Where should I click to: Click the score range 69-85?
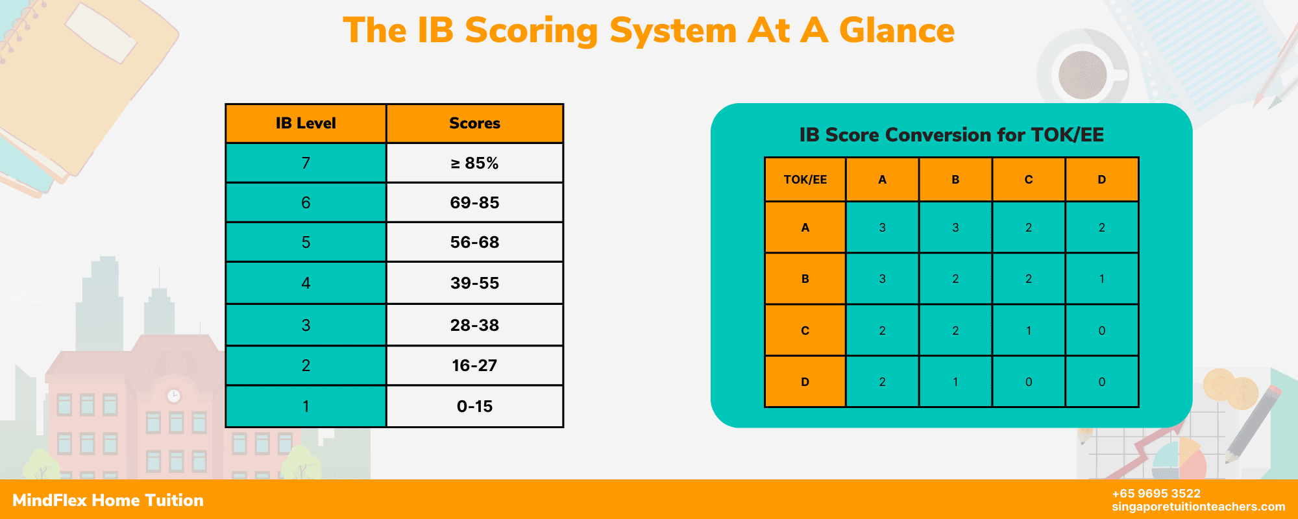474,202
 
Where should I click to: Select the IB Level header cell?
306,123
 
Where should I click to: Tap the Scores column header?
474,123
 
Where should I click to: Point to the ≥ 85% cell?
474,163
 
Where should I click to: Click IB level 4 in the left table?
306,283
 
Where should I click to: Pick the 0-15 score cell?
474,406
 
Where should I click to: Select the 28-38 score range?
474,325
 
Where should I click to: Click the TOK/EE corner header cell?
805,180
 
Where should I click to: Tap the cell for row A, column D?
1101,228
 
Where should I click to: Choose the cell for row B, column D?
1101,279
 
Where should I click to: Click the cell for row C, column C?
1028,330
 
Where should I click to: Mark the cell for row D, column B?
955,381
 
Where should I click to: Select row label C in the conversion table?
805,330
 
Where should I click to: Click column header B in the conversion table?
955,180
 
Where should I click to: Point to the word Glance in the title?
896,30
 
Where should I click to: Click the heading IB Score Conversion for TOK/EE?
951,135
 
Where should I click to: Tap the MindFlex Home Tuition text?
108,500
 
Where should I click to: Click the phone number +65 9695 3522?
1156,494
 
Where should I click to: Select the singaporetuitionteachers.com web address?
1198,507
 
